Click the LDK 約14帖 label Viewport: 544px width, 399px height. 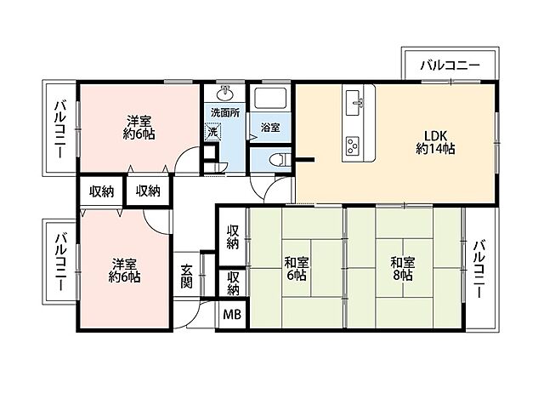[x=435, y=142]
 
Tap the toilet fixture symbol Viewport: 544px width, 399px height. [x=279, y=159]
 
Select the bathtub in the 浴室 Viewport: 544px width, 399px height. [x=270, y=98]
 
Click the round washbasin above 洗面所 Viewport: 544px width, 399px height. [x=224, y=93]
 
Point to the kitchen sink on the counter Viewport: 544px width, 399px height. [x=354, y=104]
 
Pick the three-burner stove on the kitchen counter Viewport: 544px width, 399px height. [x=353, y=145]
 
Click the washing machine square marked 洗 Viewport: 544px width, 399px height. [x=212, y=132]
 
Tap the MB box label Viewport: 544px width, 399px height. [x=232, y=315]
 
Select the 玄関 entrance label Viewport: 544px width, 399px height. [x=186, y=276]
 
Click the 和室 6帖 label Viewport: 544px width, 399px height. [x=297, y=269]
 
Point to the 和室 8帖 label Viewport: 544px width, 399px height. [x=403, y=269]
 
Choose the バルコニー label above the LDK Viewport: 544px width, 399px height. [x=450, y=65]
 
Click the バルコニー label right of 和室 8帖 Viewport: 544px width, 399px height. [x=479, y=269]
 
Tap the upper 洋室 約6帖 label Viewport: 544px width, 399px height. [x=139, y=128]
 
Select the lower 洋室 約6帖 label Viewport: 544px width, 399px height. [x=125, y=271]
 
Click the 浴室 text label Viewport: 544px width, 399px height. [x=270, y=128]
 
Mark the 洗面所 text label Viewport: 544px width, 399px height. [x=225, y=112]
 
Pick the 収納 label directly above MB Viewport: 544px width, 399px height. [x=234, y=283]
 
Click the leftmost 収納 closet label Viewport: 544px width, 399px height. [x=102, y=191]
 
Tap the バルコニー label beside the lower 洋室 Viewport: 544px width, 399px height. [x=61, y=263]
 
